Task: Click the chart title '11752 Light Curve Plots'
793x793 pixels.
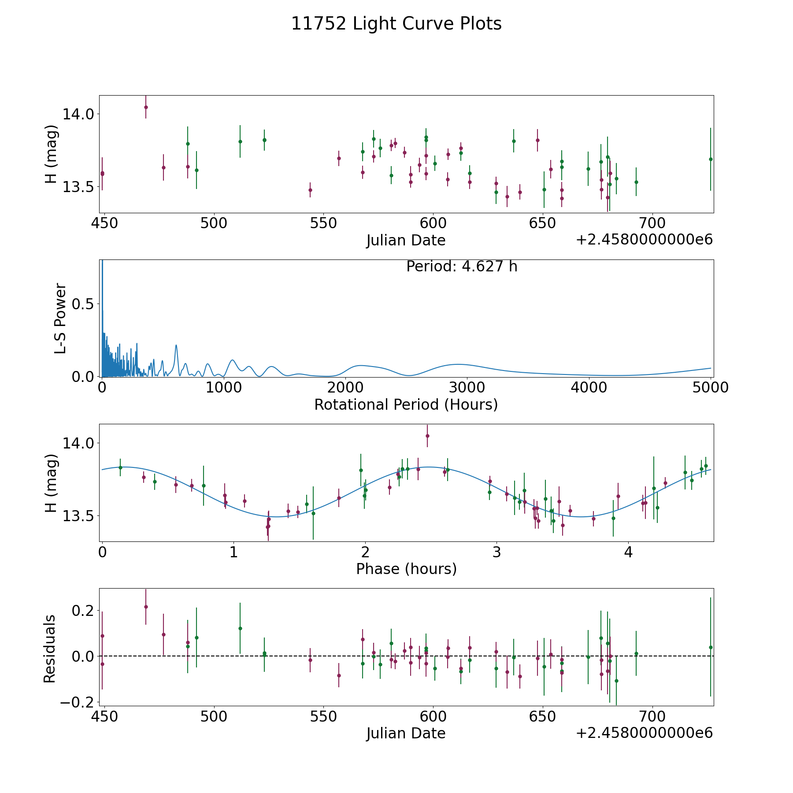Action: tap(396, 24)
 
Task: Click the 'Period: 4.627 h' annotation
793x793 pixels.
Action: tap(462, 267)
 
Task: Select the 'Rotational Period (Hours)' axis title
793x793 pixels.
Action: tap(406, 404)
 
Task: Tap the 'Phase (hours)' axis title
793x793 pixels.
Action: tap(406, 569)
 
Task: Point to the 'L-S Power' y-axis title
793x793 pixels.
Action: tap(61, 319)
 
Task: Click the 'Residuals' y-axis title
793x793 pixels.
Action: tap(50, 649)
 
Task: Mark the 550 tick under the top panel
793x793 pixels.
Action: tap(323, 223)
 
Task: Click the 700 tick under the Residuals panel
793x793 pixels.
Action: tap(652, 716)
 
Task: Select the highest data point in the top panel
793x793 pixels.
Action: tap(146, 107)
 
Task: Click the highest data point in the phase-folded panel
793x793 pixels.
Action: tap(427, 436)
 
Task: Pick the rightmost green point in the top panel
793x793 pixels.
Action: tap(711, 159)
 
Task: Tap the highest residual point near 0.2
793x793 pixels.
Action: tap(146, 607)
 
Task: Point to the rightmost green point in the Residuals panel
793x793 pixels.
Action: tap(711, 647)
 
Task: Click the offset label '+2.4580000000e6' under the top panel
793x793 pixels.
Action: tap(644, 240)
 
